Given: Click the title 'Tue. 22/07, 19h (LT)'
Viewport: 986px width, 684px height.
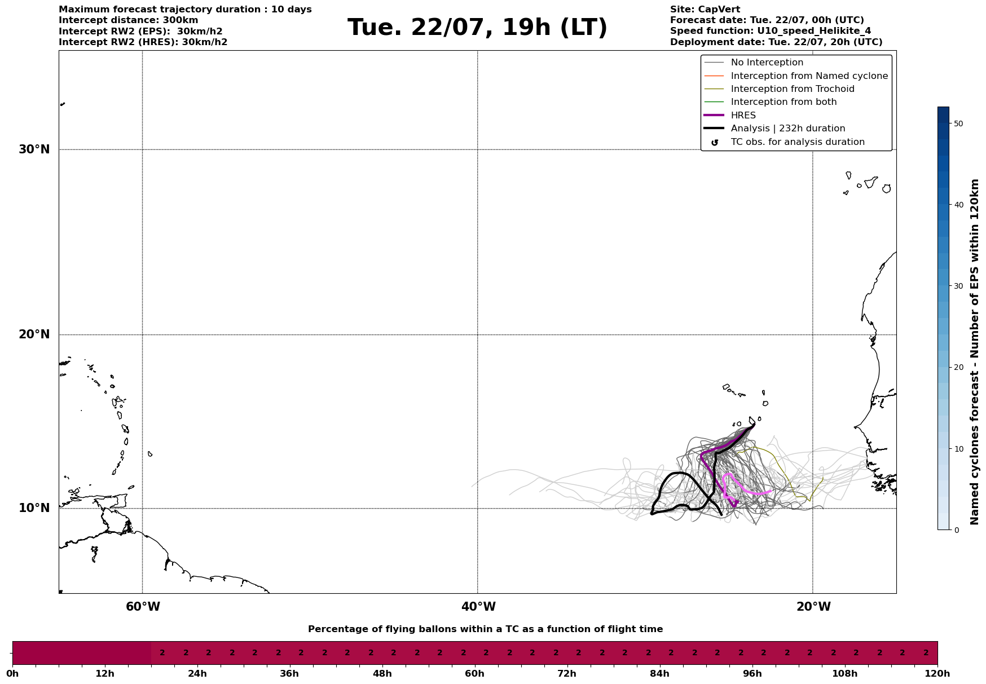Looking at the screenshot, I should [477, 28].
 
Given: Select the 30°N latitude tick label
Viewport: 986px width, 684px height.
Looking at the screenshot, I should [34, 149].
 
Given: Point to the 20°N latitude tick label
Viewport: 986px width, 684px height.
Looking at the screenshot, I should [34, 334].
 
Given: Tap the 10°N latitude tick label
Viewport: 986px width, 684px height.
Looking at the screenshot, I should [34, 508].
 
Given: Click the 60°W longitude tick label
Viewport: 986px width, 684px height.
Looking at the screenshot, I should [143, 607].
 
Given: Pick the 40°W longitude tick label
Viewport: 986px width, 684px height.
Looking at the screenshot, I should [478, 607].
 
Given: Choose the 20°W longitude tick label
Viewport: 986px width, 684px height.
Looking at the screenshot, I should [813, 607].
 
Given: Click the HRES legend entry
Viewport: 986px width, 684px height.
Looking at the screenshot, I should [743, 116].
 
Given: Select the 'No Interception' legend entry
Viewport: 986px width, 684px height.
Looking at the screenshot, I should [767, 63].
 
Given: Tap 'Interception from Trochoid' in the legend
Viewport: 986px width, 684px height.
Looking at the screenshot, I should [792, 89].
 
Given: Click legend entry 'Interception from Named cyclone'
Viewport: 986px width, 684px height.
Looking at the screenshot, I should [809, 76].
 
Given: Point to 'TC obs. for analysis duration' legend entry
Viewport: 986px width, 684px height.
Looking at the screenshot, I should [797, 142].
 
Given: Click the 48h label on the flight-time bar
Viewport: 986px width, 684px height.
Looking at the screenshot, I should [382, 674].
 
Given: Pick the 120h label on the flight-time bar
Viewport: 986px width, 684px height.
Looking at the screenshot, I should [937, 674].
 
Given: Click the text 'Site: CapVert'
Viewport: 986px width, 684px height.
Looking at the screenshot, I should [705, 10].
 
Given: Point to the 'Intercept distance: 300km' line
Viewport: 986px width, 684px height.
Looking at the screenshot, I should [128, 20].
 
